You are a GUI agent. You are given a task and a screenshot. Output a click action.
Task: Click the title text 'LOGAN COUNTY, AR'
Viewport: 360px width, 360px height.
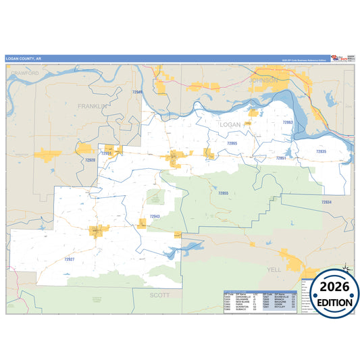click(24, 59)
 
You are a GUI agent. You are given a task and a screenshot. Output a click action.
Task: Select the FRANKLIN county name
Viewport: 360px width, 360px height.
click(93, 107)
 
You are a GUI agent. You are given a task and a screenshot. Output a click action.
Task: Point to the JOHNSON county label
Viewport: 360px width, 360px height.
click(263, 80)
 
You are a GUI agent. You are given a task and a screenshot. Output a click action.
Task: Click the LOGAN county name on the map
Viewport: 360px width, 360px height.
click(230, 125)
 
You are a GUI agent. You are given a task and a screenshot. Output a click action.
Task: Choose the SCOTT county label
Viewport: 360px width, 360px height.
click(160, 295)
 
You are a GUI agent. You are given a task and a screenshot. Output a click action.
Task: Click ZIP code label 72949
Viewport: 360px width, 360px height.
click(138, 91)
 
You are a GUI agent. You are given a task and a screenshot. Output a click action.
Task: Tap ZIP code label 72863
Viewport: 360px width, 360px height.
click(287, 122)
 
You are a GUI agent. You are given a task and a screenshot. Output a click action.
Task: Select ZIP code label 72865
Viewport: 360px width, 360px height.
click(232, 143)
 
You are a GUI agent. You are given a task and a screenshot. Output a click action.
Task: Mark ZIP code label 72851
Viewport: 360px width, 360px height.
click(281, 157)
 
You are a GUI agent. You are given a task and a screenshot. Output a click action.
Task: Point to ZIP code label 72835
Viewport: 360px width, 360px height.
click(321, 152)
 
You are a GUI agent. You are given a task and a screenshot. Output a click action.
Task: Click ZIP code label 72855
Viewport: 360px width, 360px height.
click(224, 194)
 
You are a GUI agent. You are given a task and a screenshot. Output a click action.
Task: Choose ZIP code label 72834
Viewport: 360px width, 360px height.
click(326, 202)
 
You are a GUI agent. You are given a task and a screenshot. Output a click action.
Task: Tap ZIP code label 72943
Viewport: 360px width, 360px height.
click(155, 217)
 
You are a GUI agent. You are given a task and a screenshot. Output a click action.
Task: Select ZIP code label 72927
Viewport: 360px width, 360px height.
click(69, 259)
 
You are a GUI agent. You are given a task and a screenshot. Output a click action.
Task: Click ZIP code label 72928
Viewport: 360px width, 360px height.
click(91, 161)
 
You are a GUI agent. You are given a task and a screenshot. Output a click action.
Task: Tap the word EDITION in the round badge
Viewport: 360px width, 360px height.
click(330, 302)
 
